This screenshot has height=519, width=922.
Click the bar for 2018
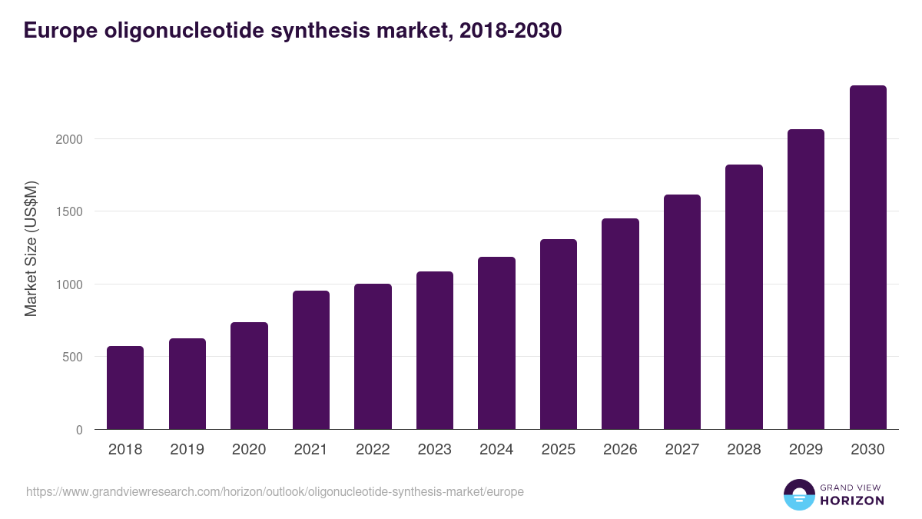tap(125, 388)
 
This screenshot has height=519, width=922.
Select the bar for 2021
tap(311, 360)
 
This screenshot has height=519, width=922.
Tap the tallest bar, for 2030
tap(867, 258)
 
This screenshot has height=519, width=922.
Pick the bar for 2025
tap(559, 334)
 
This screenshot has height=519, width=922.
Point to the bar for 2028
tap(744, 297)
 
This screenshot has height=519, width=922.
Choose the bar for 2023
tap(435, 351)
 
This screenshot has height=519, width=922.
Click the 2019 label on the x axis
tap(187, 450)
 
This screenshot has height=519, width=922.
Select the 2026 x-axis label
tap(620, 450)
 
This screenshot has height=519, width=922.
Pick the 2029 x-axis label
tap(806, 450)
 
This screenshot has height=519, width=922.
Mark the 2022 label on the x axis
tap(373, 450)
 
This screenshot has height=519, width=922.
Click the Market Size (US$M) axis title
tap(31, 248)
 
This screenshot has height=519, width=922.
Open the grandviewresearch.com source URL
tap(275, 491)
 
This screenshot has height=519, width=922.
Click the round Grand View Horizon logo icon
tap(799, 494)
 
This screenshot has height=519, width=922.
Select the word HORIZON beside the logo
tap(853, 501)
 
